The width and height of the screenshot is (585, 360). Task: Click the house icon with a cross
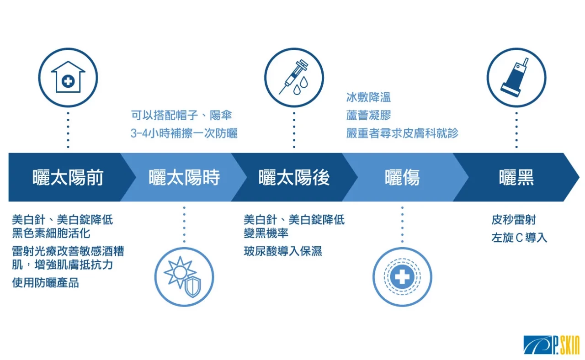[x=68, y=77]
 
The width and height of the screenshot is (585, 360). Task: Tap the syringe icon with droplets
[x=294, y=77]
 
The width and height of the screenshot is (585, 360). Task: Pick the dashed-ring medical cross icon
[x=402, y=277]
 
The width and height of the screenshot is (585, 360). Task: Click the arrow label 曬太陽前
[x=68, y=178]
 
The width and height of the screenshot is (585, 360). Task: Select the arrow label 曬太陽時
[x=184, y=178]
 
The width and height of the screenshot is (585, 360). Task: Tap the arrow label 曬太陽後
[x=294, y=178]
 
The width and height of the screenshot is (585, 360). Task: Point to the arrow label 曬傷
[x=402, y=178]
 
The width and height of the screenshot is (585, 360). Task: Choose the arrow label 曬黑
[x=516, y=178]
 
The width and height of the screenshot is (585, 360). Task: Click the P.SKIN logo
[x=551, y=345]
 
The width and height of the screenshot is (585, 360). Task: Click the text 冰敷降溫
[x=368, y=97]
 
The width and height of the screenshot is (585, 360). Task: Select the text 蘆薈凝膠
[x=368, y=115]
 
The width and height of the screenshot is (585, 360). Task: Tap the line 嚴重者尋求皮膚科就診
[x=402, y=133]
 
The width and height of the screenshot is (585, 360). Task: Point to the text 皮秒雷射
[x=513, y=220]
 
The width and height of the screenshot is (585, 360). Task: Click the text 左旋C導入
[x=519, y=238]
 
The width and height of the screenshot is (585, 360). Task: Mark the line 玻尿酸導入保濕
[x=283, y=251]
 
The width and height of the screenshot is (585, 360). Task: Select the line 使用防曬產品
[x=45, y=282]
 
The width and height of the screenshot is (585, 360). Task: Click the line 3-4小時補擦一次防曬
[x=184, y=133]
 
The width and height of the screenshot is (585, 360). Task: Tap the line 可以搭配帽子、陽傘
[x=181, y=115]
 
